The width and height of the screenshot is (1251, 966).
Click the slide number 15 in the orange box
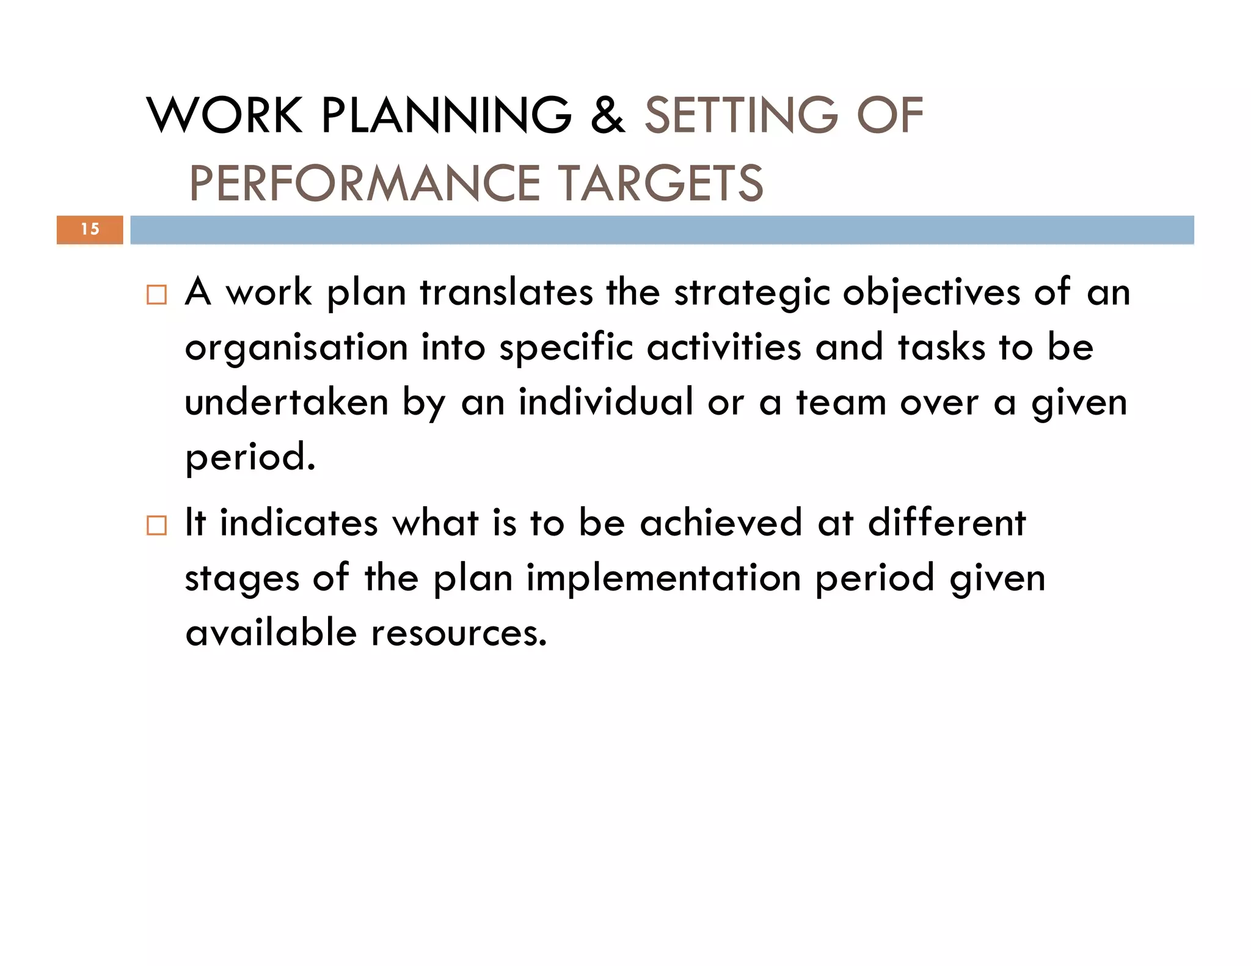90,230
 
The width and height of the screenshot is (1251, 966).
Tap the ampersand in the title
608,115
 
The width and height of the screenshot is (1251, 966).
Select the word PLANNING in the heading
447,115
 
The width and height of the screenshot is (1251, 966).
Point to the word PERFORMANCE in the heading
365,183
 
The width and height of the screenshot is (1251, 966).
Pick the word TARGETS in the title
662,183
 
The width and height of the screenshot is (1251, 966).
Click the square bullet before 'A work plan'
156,295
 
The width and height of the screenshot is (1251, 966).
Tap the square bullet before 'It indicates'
156,525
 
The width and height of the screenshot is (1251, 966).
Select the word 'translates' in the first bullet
506,292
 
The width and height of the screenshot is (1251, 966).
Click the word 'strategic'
752,293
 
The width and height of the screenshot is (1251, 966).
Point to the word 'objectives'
932,293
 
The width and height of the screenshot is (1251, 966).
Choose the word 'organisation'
296,348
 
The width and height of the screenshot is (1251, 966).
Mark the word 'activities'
724,347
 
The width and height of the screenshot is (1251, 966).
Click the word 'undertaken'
286,402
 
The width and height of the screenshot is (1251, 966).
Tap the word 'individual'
606,402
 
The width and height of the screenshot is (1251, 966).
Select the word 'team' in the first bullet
841,403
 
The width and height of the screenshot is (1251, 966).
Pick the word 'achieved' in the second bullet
721,523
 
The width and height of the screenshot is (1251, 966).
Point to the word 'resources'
459,633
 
